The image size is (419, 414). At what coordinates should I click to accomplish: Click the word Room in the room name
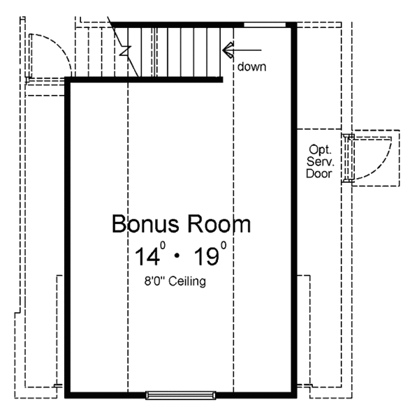coord(216,225)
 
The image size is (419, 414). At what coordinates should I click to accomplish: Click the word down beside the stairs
coord(251,67)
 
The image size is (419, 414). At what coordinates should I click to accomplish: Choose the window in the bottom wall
coord(180,395)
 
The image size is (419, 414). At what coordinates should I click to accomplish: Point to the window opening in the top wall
coord(265,24)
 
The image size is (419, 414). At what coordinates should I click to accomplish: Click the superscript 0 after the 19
coord(223,245)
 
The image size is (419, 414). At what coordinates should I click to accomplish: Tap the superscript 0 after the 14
coord(164,245)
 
